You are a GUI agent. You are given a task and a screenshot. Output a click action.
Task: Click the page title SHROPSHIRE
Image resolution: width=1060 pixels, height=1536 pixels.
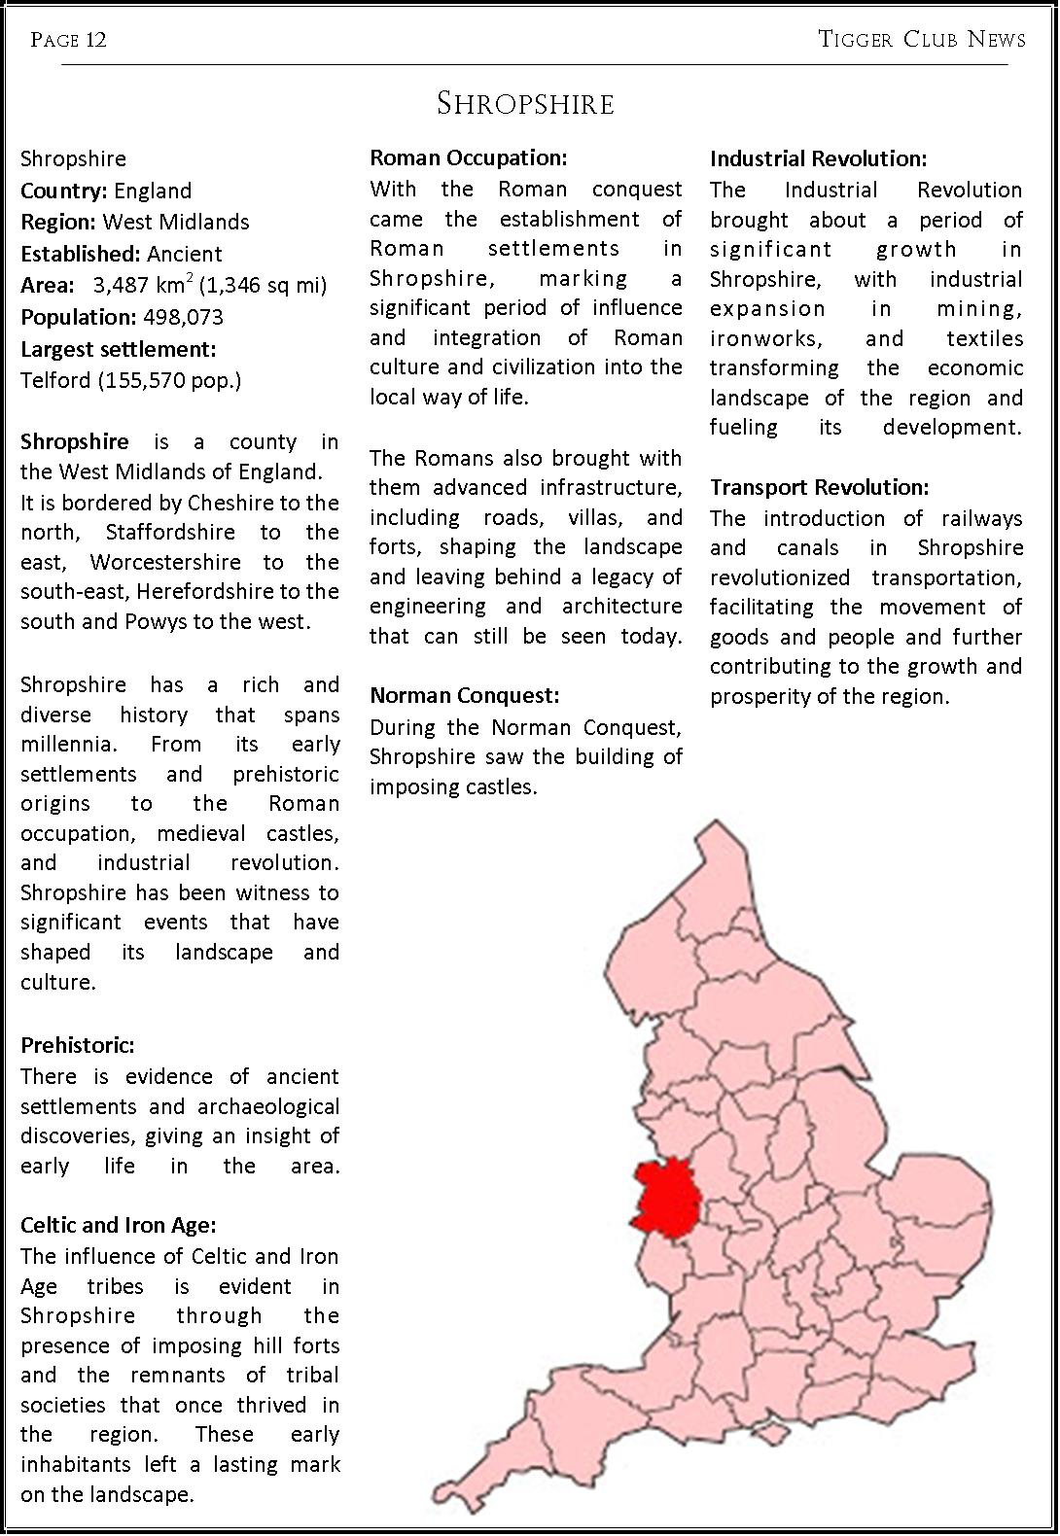[525, 104]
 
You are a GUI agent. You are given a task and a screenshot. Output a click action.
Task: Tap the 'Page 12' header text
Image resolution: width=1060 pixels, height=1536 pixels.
[68, 40]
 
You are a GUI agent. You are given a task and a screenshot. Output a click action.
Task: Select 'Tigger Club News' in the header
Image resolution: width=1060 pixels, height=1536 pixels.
[922, 40]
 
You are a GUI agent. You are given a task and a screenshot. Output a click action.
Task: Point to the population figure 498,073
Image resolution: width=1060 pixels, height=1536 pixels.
[183, 318]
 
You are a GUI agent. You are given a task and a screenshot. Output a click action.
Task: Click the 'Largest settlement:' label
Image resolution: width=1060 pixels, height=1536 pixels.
[119, 349]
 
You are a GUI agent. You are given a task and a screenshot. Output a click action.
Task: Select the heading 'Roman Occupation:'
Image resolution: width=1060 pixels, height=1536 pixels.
[468, 157]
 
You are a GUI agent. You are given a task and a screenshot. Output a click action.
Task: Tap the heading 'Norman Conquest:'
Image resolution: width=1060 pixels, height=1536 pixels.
[465, 696]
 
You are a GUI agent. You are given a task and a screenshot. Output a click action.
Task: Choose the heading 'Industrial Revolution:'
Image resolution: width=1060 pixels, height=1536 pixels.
[818, 158]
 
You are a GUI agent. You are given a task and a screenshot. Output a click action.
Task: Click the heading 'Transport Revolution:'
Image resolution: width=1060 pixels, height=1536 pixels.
[819, 487]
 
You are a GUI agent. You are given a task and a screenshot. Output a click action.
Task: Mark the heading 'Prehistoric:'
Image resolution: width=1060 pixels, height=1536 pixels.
[78, 1046]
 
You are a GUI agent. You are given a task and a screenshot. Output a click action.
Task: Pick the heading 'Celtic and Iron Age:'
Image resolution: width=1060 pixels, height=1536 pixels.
[119, 1226]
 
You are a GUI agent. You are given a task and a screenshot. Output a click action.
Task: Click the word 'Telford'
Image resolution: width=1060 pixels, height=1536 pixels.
[55, 380]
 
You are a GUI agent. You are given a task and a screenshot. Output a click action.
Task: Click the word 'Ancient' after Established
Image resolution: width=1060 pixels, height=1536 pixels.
[185, 255]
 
